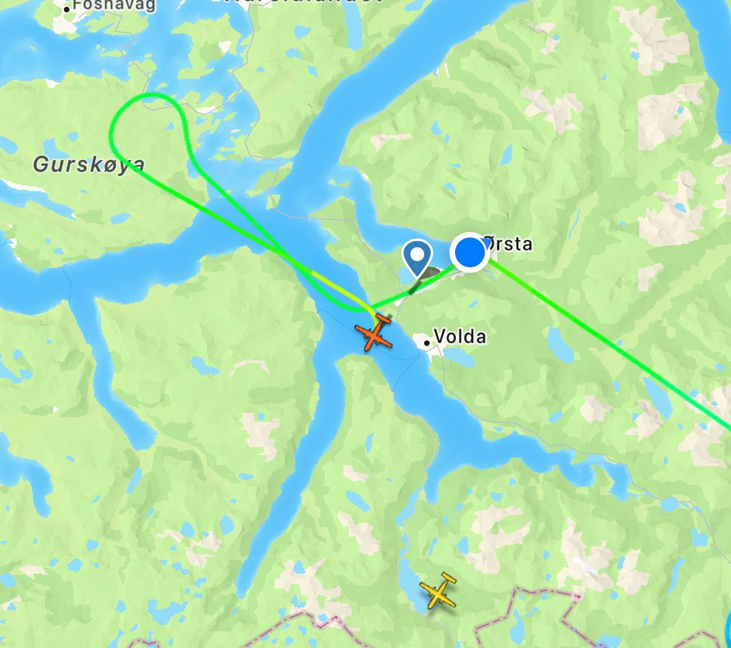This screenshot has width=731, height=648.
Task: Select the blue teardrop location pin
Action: point(417,257)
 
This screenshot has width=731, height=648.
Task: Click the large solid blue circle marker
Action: point(470,253)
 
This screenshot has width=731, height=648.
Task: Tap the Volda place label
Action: point(460,337)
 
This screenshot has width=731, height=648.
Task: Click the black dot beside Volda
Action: point(427,342)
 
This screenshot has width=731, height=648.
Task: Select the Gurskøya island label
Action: point(89,164)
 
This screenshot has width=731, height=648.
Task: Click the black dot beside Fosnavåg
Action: point(67,9)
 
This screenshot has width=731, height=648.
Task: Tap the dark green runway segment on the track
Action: point(414,286)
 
